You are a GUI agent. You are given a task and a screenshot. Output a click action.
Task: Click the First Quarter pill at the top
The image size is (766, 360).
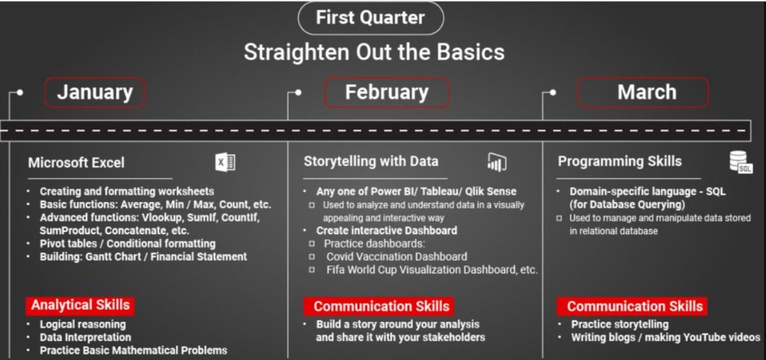(370, 18)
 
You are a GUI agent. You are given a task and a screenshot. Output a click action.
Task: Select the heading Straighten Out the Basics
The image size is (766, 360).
(374, 52)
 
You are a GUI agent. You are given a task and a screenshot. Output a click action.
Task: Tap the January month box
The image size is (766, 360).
(95, 92)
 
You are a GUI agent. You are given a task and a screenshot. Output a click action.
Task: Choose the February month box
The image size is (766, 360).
(387, 92)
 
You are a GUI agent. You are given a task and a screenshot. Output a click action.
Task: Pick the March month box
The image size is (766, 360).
(643, 92)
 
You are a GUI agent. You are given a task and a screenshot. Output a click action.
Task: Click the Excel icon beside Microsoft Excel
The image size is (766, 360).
(225, 163)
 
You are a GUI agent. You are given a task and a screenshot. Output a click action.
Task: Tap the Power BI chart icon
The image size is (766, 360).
(497, 163)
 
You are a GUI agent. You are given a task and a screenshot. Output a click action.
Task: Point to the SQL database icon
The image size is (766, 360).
(741, 163)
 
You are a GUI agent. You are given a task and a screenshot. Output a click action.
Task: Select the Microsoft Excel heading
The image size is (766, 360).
(76, 163)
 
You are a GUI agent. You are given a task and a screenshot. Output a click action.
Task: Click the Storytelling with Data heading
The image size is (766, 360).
(371, 161)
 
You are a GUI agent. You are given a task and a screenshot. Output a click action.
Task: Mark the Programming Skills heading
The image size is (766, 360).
(619, 161)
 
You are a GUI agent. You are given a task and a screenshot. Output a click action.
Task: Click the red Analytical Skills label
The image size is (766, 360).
(80, 305)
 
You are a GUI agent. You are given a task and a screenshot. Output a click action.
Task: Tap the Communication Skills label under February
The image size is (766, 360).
(382, 306)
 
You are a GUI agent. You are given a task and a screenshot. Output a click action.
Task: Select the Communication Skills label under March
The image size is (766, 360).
(635, 306)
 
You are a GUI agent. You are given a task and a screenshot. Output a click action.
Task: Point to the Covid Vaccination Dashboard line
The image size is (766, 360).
(396, 257)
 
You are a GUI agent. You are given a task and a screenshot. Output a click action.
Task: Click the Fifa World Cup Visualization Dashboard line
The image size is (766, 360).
(432, 269)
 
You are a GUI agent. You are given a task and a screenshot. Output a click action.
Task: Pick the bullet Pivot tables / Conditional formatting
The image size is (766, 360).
(127, 243)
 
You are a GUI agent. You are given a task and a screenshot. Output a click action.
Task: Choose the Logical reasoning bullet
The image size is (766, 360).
(83, 324)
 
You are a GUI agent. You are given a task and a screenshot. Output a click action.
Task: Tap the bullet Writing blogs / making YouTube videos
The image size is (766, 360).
(665, 337)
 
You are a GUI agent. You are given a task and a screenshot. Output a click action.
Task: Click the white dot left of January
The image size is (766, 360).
(20, 92)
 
